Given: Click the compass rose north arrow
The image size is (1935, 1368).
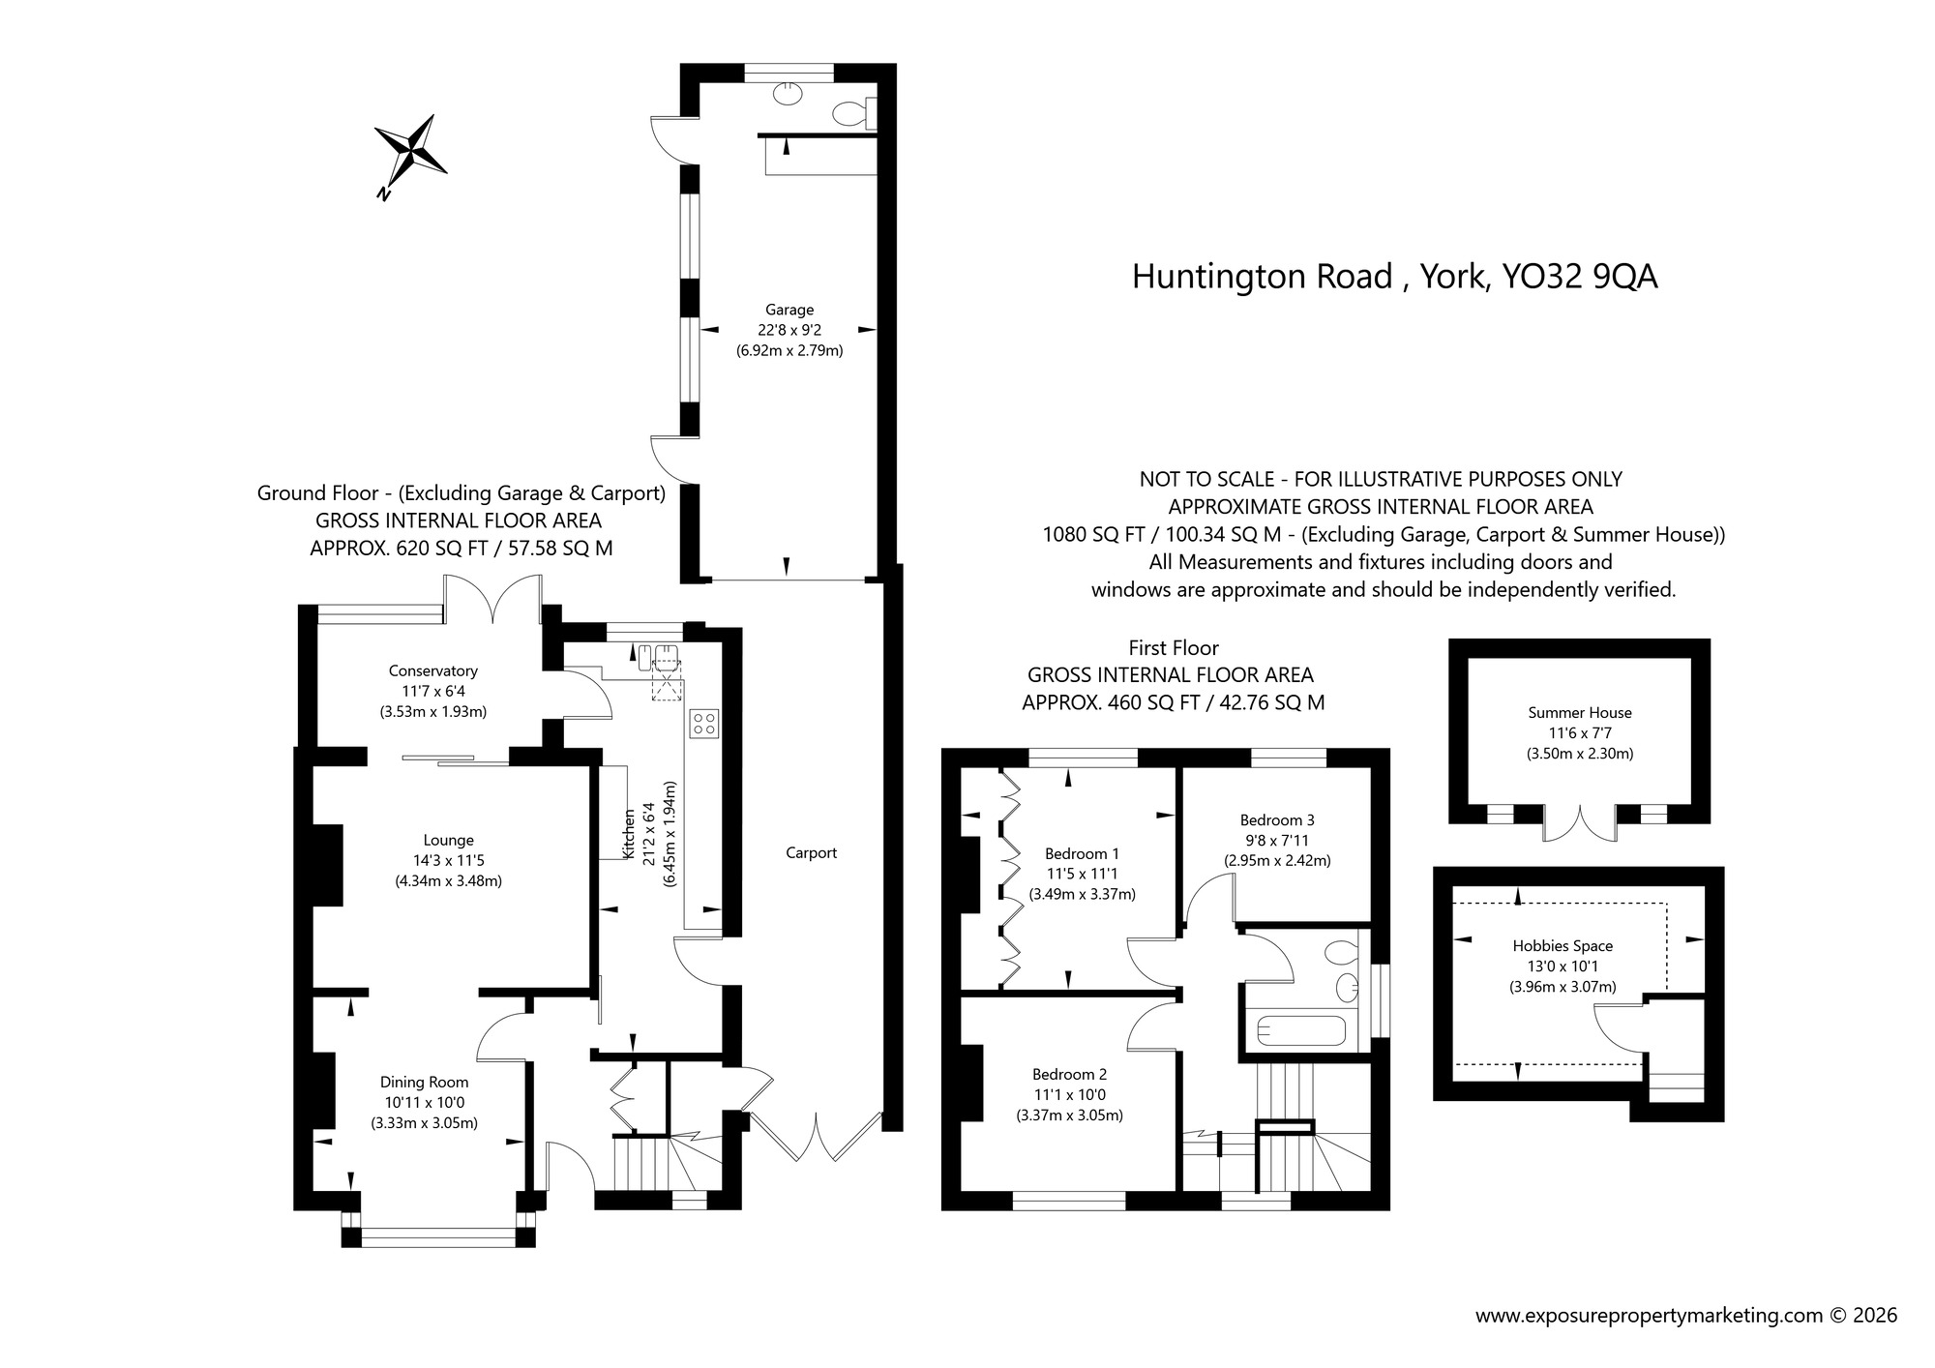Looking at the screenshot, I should click(x=411, y=152).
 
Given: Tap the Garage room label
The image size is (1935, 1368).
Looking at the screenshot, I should click(x=789, y=310).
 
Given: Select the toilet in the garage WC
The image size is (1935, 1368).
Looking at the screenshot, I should click(x=851, y=113).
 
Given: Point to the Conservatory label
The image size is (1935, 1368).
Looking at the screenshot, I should click(x=432, y=670).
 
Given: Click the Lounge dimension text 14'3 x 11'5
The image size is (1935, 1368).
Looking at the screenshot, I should click(x=448, y=860).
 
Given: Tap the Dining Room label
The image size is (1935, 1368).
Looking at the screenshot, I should click(x=424, y=1082).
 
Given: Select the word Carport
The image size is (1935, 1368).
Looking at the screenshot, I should click(x=811, y=852).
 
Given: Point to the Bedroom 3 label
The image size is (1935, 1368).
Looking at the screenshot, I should click(x=1277, y=819).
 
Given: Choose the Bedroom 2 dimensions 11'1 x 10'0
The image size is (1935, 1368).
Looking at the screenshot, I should click(x=1069, y=1094).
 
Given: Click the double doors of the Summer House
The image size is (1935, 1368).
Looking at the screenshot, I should click(x=1579, y=822).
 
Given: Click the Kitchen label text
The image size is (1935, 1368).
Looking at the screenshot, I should click(x=629, y=834).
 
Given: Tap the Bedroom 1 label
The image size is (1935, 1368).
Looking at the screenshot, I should click(x=1082, y=853).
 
